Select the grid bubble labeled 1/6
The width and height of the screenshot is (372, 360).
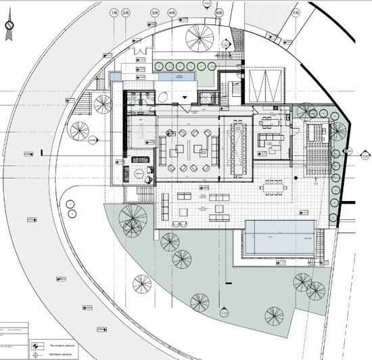[113, 13]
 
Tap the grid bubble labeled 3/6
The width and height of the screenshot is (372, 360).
[155, 13]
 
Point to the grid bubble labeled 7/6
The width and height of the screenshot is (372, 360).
[295, 13]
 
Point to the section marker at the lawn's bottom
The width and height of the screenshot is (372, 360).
[223, 313]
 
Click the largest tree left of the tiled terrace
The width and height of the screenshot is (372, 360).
[132, 217]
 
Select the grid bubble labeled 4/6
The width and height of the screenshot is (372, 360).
[171, 13]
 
